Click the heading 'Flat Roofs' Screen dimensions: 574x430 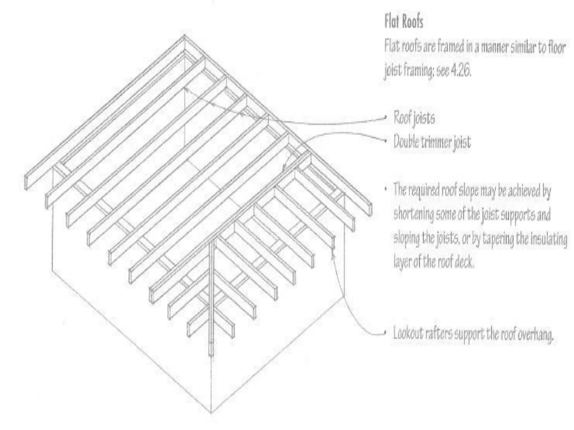[404, 22]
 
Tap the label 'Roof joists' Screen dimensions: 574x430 [414, 118]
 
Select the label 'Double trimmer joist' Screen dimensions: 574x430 [432, 142]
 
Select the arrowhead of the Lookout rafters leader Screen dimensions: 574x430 [333, 250]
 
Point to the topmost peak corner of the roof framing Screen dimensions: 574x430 [184, 35]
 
